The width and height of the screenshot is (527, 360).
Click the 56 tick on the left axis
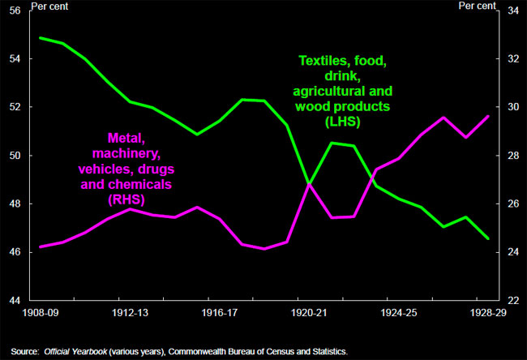(x=16, y=11)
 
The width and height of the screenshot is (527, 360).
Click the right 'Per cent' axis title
(x=477, y=6)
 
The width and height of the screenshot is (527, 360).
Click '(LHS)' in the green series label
(x=344, y=122)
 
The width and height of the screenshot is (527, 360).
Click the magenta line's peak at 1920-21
(x=309, y=184)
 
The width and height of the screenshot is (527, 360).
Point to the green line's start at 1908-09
(x=40, y=38)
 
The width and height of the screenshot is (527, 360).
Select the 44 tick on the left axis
(x=16, y=300)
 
